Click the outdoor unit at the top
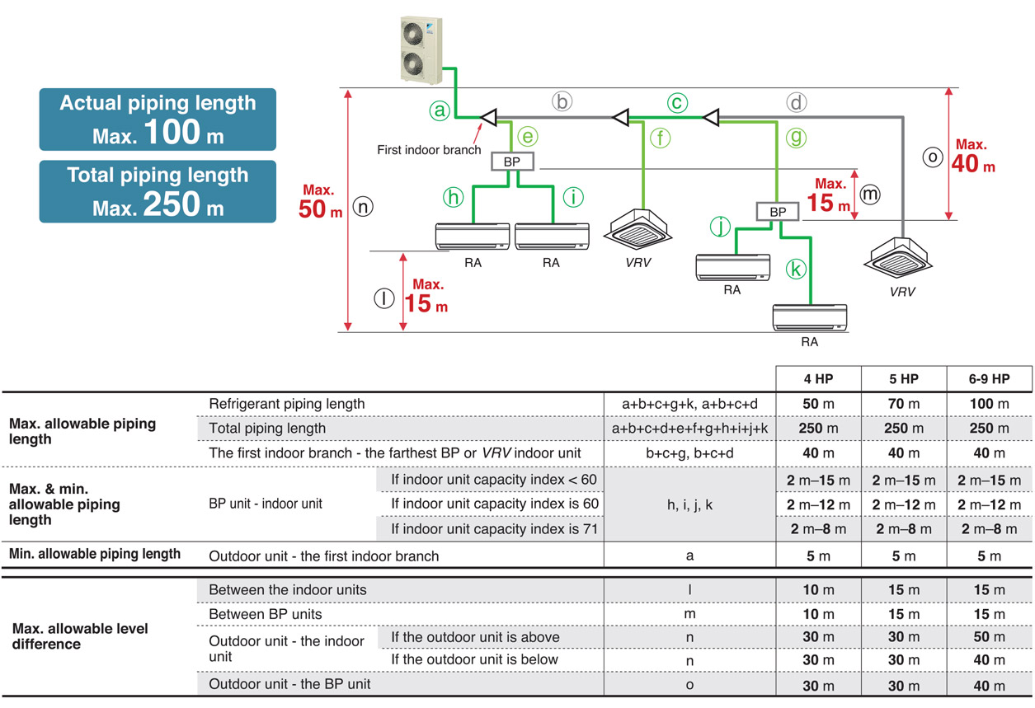click(421, 50)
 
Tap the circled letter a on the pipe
click(440, 110)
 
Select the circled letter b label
click(562, 101)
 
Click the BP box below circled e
click(512, 162)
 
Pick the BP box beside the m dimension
click(778, 212)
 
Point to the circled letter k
click(796, 270)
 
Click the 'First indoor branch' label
click(429, 150)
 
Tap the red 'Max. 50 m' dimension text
click(320, 201)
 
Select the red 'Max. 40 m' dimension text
click(973, 156)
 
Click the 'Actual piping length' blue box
click(158, 120)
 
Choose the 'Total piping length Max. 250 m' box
click(158, 191)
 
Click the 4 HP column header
click(818, 379)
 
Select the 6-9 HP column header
click(990, 379)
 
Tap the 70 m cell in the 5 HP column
click(904, 404)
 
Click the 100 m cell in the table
click(990, 404)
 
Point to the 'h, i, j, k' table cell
click(689, 504)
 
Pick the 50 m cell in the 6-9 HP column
click(990, 637)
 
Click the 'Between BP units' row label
click(266, 614)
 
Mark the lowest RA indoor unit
click(810, 317)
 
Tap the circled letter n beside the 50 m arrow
click(363, 206)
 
